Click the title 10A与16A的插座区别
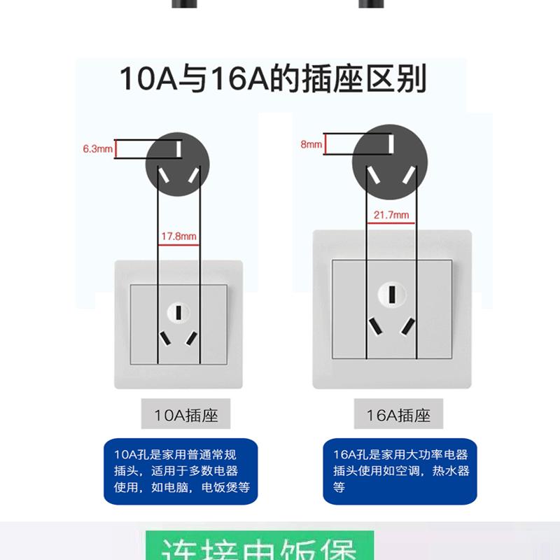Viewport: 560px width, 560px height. tap(273, 79)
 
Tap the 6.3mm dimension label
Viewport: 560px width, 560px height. tap(97, 149)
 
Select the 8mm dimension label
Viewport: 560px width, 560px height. tap(311, 144)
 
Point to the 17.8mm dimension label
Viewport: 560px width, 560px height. tap(179, 237)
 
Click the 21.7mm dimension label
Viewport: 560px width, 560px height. tap(391, 215)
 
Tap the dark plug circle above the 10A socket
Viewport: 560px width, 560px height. tap(178, 160)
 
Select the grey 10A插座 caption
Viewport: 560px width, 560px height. tap(185, 415)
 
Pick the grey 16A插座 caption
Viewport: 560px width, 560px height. tap(398, 415)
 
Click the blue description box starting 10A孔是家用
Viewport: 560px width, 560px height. tap(181, 470)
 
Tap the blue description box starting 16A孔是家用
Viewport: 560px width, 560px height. tap(396, 470)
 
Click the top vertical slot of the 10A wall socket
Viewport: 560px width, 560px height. tap(178, 310)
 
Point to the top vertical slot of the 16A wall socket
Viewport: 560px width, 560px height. tap(391, 294)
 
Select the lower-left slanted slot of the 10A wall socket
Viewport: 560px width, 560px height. tap(165, 337)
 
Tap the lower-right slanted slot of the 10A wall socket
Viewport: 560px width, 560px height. tap(191, 337)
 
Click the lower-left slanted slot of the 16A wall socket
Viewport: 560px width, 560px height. tap(376, 326)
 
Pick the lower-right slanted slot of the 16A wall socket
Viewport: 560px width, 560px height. tap(407, 326)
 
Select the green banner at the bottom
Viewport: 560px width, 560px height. tap(259, 547)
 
